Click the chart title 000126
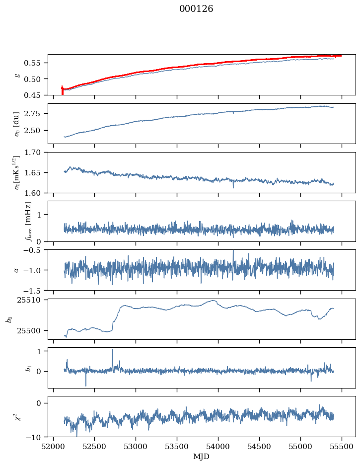[x=196, y=8]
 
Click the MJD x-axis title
[x=201, y=457]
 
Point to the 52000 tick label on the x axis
[x=53, y=447]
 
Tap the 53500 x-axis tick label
[x=177, y=447]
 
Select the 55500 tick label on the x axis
[x=342, y=447]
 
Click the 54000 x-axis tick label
[x=218, y=447]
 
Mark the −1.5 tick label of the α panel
[x=34, y=290]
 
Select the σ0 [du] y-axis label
[x=16, y=124]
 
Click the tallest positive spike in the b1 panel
[x=113, y=350]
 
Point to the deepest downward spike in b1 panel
[x=86, y=385]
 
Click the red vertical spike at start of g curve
[x=62, y=90]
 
